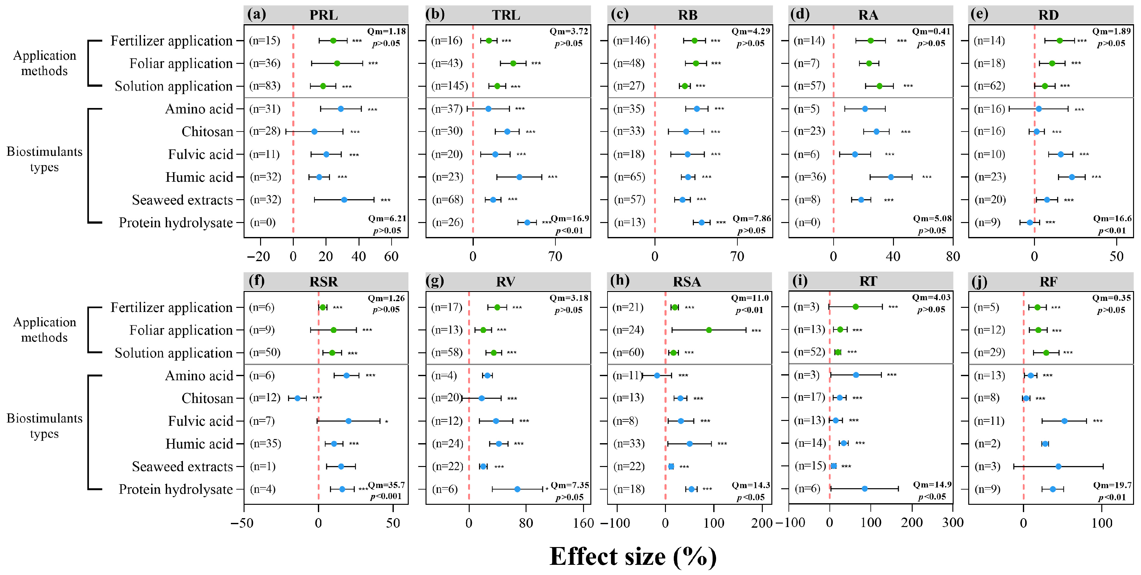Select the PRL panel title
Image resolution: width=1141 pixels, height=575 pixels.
coord(324,15)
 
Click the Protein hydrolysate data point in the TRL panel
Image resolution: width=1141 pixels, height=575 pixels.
coord(527,222)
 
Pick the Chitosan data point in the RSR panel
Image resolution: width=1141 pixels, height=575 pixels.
coord(298,398)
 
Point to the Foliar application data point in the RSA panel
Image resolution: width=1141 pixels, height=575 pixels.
coord(709,330)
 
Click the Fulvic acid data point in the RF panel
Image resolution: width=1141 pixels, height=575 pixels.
coord(1064,421)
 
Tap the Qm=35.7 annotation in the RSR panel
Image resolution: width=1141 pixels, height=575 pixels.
coord(386,485)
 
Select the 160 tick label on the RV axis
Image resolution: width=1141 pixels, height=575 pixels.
coord(583,523)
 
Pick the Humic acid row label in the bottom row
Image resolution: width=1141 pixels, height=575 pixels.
coord(199,444)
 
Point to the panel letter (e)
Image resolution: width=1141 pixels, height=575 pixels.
coord(979,15)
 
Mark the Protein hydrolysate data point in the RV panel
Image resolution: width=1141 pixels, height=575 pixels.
coord(517,489)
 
